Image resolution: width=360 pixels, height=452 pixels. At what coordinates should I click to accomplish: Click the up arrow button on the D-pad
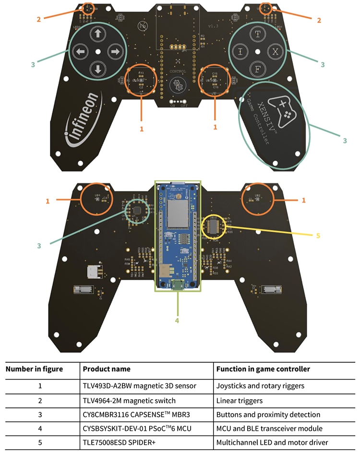[98, 34]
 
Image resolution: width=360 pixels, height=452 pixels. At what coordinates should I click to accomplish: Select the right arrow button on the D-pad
[115, 51]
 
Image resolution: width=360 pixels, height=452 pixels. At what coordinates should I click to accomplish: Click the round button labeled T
[258, 34]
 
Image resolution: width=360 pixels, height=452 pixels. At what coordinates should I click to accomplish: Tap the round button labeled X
[275, 51]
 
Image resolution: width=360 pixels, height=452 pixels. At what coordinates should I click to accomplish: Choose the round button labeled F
[258, 69]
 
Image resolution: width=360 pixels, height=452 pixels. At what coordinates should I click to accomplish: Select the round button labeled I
[241, 51]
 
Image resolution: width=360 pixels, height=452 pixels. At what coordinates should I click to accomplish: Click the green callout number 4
[177, 321]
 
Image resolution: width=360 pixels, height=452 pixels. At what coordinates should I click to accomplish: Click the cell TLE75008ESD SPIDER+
[121, 442]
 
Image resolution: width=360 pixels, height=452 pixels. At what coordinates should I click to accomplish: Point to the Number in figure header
[34, 369]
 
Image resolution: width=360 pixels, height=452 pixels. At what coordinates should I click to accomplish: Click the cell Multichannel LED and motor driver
[272, 442]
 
